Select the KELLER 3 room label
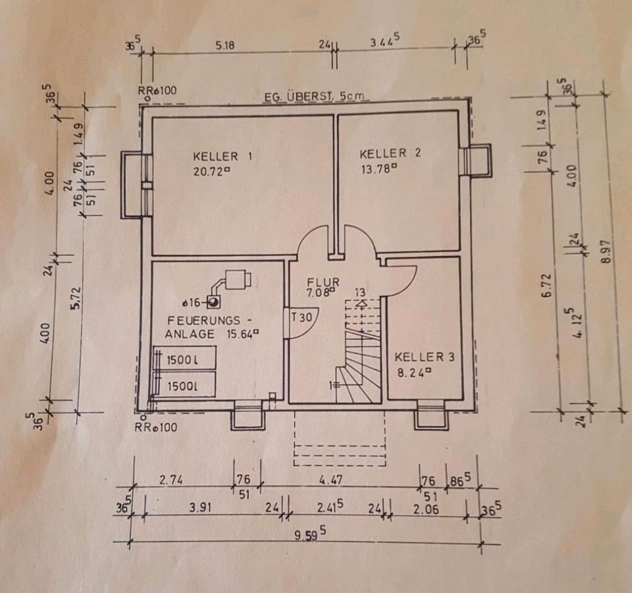point(425,357)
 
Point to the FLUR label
point(323,282)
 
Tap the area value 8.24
point(413,371)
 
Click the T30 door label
point(302,317)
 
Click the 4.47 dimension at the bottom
point(330,481)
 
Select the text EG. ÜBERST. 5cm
point(313,97)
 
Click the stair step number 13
point(360,292)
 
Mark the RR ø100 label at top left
point(157,91)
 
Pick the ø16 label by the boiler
point(193,303)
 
